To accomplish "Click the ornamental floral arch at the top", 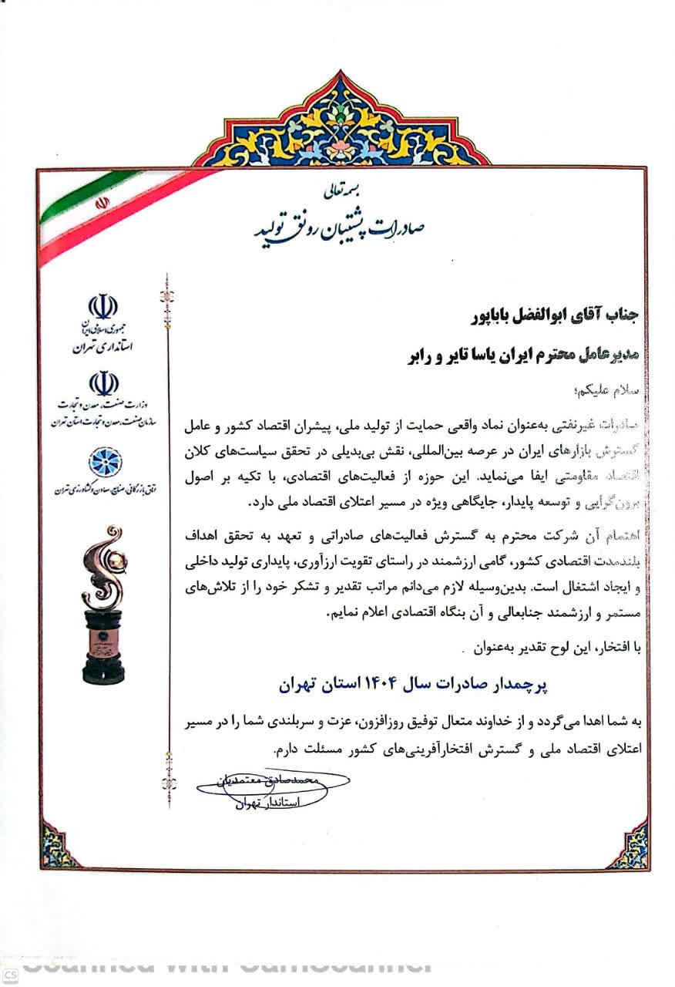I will (x=339, y=123).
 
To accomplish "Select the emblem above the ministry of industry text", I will (x=103, y=383).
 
